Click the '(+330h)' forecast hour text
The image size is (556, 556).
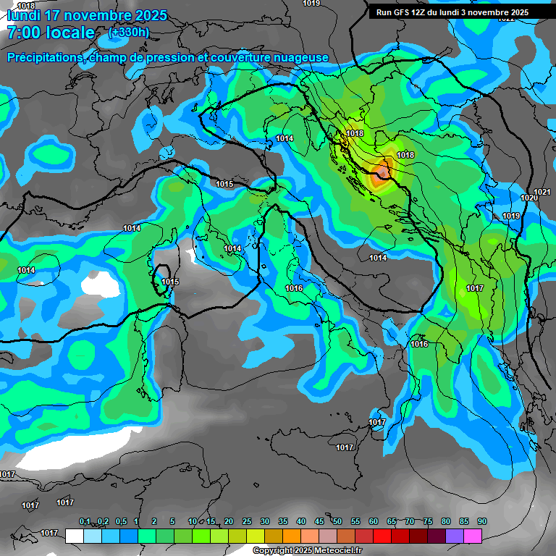pos(129,32)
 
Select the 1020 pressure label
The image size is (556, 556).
pos(528,198)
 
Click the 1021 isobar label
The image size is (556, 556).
pos(542,192)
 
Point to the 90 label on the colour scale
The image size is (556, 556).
pos(482,521)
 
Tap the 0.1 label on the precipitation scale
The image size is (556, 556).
pos(85,521)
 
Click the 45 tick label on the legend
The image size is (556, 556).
pos(319,521)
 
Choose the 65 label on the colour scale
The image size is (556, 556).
pos(392,521)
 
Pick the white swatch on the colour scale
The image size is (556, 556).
pos(75,536)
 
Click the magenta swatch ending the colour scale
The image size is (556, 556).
pos(473,536)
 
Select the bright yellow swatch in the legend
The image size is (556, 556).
pos(256,536)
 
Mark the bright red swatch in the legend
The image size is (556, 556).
pos(382,536)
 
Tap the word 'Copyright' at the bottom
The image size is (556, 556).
pos(273,551)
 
